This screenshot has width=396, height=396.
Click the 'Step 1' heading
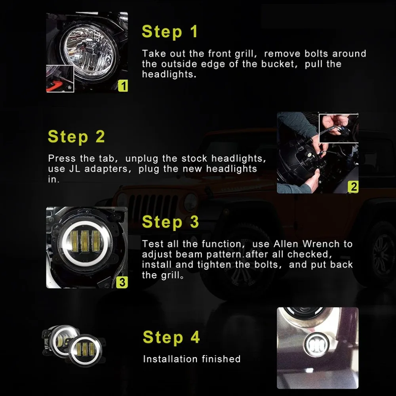coord(169,32)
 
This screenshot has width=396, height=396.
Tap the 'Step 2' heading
coord(76,137)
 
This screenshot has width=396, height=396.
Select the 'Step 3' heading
coord(170,222)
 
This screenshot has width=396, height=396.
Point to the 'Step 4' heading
coord(171,337)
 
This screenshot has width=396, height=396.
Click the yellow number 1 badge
coord(123,86)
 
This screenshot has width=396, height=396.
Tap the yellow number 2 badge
coord(353,187)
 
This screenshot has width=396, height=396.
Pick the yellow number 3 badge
coord(122,282)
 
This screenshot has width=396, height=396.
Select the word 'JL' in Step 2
coord(74,169)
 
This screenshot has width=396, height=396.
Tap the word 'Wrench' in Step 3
coord(321,244)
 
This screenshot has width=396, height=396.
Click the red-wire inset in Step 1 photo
coord(60,78)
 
